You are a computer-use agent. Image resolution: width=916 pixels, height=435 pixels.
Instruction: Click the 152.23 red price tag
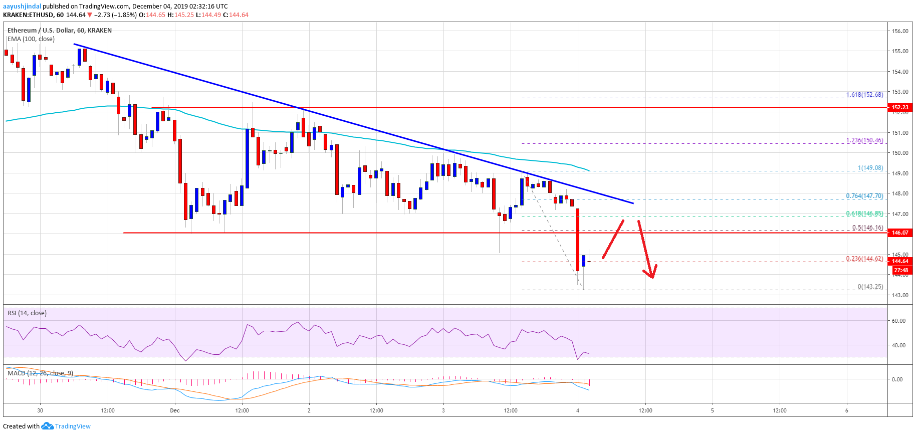tap(900, 107)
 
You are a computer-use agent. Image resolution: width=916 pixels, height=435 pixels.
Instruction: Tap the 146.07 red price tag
tap(900, 233)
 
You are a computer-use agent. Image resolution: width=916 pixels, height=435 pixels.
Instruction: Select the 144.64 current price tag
tap(900, 261)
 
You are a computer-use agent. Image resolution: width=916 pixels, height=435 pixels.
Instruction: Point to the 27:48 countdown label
tap(900, 270)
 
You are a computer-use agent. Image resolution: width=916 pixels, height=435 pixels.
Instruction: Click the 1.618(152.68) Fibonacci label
tap(864, 95)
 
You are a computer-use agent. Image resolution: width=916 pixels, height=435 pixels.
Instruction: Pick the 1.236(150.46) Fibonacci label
tap(864, 140)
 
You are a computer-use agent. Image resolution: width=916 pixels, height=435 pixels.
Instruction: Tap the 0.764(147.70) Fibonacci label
tap(864, 196)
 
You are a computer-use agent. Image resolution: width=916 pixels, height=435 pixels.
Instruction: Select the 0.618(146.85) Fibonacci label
tap(864, 213)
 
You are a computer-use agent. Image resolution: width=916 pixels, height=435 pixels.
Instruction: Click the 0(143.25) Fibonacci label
tap(870, 287)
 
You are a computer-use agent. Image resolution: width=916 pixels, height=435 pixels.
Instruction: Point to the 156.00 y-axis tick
tap(900, 31)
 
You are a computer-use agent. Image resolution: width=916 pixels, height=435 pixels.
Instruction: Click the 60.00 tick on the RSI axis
tap(898, 321)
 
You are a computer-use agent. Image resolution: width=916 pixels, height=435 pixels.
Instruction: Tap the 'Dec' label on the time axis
tap(174, 410)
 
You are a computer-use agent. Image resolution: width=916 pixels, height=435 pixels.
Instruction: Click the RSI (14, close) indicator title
tap(27, 313)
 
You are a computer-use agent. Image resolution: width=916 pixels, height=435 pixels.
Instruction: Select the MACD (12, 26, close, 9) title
tap(40, 373)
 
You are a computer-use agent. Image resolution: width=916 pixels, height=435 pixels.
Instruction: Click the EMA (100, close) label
tap(31, 39)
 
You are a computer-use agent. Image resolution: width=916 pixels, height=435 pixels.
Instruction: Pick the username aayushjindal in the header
tap(22, 7)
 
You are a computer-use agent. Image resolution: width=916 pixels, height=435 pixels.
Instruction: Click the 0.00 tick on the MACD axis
tap(897, 379)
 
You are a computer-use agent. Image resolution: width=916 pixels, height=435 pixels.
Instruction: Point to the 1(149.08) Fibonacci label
tap(870, 168)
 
